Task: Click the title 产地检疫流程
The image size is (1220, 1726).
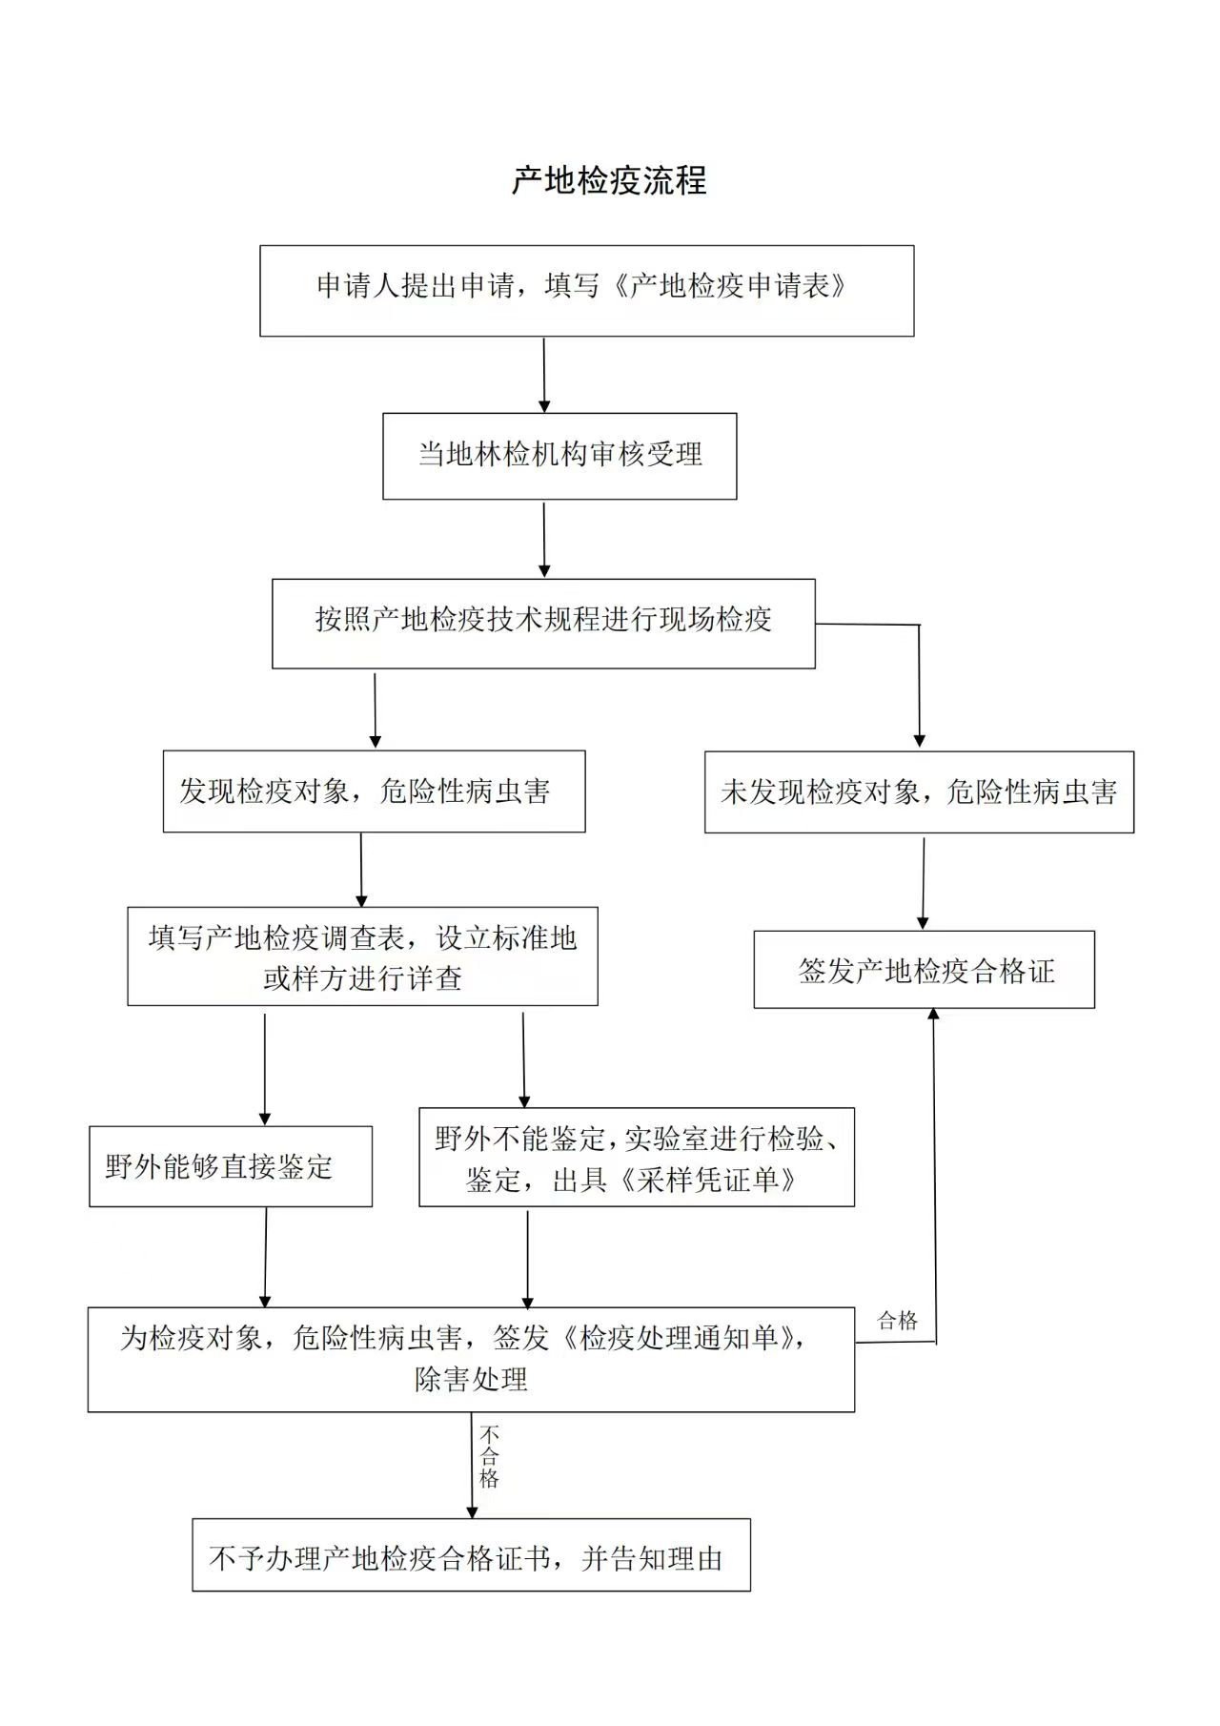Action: click(609, 180)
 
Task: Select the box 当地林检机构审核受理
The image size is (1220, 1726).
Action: click(559, 456)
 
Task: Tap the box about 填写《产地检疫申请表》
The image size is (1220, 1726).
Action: click(587, 291)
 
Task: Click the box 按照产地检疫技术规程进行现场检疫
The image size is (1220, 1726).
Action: click(543, 624)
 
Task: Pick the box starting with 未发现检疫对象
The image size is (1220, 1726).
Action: click(919, 791)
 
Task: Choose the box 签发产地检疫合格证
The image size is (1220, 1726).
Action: click(925, 970)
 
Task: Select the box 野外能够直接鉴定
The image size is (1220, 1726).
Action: click(231, 1166)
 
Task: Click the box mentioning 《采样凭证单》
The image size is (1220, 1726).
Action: click(637, 1157)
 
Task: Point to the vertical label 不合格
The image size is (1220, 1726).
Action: click(489, 1457)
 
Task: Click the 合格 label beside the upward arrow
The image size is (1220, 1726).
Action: click(898, 1321)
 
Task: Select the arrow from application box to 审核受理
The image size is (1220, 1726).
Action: click(544, 375)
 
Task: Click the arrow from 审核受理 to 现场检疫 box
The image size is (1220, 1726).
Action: click(544, 540)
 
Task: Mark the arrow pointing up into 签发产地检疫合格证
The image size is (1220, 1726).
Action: click(934, 1175)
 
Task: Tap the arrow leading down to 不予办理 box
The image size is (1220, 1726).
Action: click(472, 1466)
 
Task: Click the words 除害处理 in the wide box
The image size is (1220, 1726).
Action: click(471, 1379)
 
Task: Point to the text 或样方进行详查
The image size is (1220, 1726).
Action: click(363, 978)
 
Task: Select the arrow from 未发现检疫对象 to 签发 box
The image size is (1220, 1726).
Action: click(923, 882)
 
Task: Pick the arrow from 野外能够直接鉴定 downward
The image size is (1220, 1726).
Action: click(265, 1257)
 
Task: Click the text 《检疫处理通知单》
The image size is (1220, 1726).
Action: click(679, 1338)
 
